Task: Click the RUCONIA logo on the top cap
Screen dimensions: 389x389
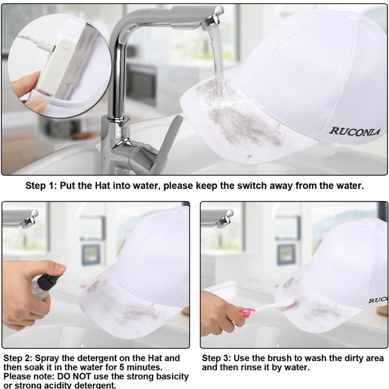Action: click(x=354, y=131)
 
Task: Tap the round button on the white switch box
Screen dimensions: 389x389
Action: click(x=66, y=47)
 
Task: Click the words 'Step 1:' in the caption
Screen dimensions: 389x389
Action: click(x=42, y=186)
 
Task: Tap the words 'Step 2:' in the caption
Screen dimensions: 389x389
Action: click(x=18, y=358)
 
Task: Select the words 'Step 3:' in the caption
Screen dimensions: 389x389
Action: click(x=216, y=358)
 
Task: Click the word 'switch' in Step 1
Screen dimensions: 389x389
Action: click(x=252, y=186)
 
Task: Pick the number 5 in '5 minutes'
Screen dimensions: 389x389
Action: click(x=122, y=367)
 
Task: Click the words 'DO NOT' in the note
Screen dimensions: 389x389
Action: click(x=74, y=376)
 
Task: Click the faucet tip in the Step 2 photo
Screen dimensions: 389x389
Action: click(x=30, y=218)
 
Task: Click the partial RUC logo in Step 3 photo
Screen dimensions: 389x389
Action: click(x=378, y=300)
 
